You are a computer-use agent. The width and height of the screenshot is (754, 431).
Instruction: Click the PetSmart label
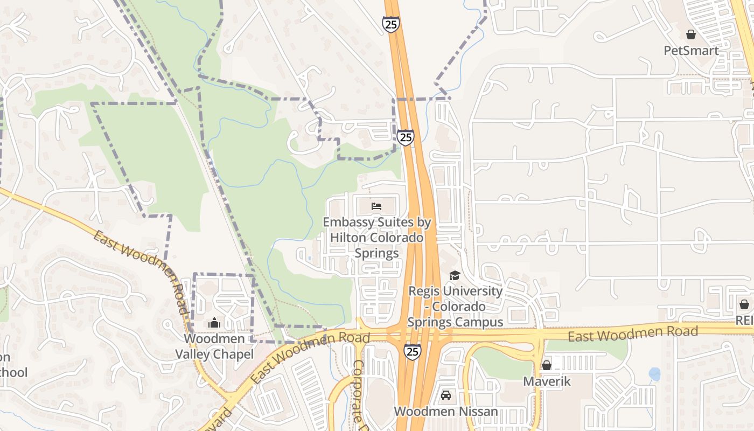(x=691, y=51)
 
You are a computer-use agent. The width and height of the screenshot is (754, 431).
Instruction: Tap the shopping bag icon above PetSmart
(x=691, y=35)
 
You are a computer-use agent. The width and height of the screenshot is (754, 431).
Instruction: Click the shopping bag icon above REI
(x=744, y=305)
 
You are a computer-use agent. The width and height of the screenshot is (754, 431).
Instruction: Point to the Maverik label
(x=547, y=381)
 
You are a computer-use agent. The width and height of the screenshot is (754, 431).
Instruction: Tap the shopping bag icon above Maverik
(x=547, y=366)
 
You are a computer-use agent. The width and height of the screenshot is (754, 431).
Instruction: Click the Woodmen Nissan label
(x=446, y=412)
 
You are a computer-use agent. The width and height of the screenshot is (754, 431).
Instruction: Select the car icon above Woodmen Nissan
(x=446, y=396)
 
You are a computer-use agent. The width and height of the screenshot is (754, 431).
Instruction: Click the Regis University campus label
(x=455, y=307)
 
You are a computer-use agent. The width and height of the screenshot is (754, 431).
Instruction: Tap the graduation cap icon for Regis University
(x=455, y=276)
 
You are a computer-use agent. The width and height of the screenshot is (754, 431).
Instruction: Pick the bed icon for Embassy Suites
(x=376, y=206)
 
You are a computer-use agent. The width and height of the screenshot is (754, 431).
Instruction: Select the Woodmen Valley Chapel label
(x=214, y=346)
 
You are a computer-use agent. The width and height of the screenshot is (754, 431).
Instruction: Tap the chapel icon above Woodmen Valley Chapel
(x=214, y=323)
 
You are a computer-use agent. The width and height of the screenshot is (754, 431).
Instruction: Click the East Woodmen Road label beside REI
(x=633, y=334)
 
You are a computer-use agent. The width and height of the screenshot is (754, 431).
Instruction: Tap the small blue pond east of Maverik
(x=654, y=374)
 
